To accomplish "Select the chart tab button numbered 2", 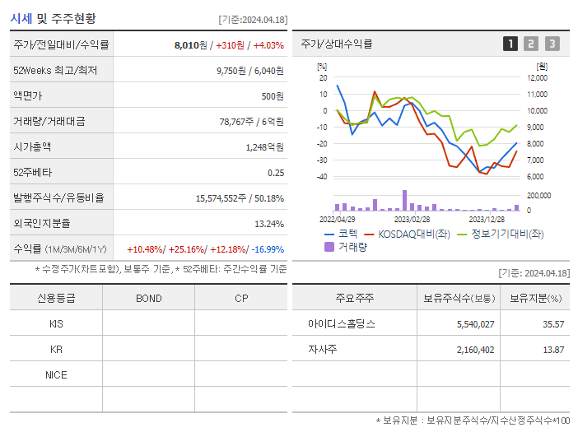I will click(531, 44).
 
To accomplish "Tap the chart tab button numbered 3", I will click(552, 44).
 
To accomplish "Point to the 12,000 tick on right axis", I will click(536, 78).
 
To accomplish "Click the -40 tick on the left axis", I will click(322, 177).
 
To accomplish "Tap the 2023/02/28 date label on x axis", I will click(412, 219).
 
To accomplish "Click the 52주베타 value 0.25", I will click(276, 173).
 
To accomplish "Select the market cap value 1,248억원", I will click(264, 147).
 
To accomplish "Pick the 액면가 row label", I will click(27, 96).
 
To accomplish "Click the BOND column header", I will click(148, 298).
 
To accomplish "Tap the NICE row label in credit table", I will click(56, 374).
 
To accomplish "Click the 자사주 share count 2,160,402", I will click(475, 350).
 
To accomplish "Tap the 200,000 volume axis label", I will click(539, 196).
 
